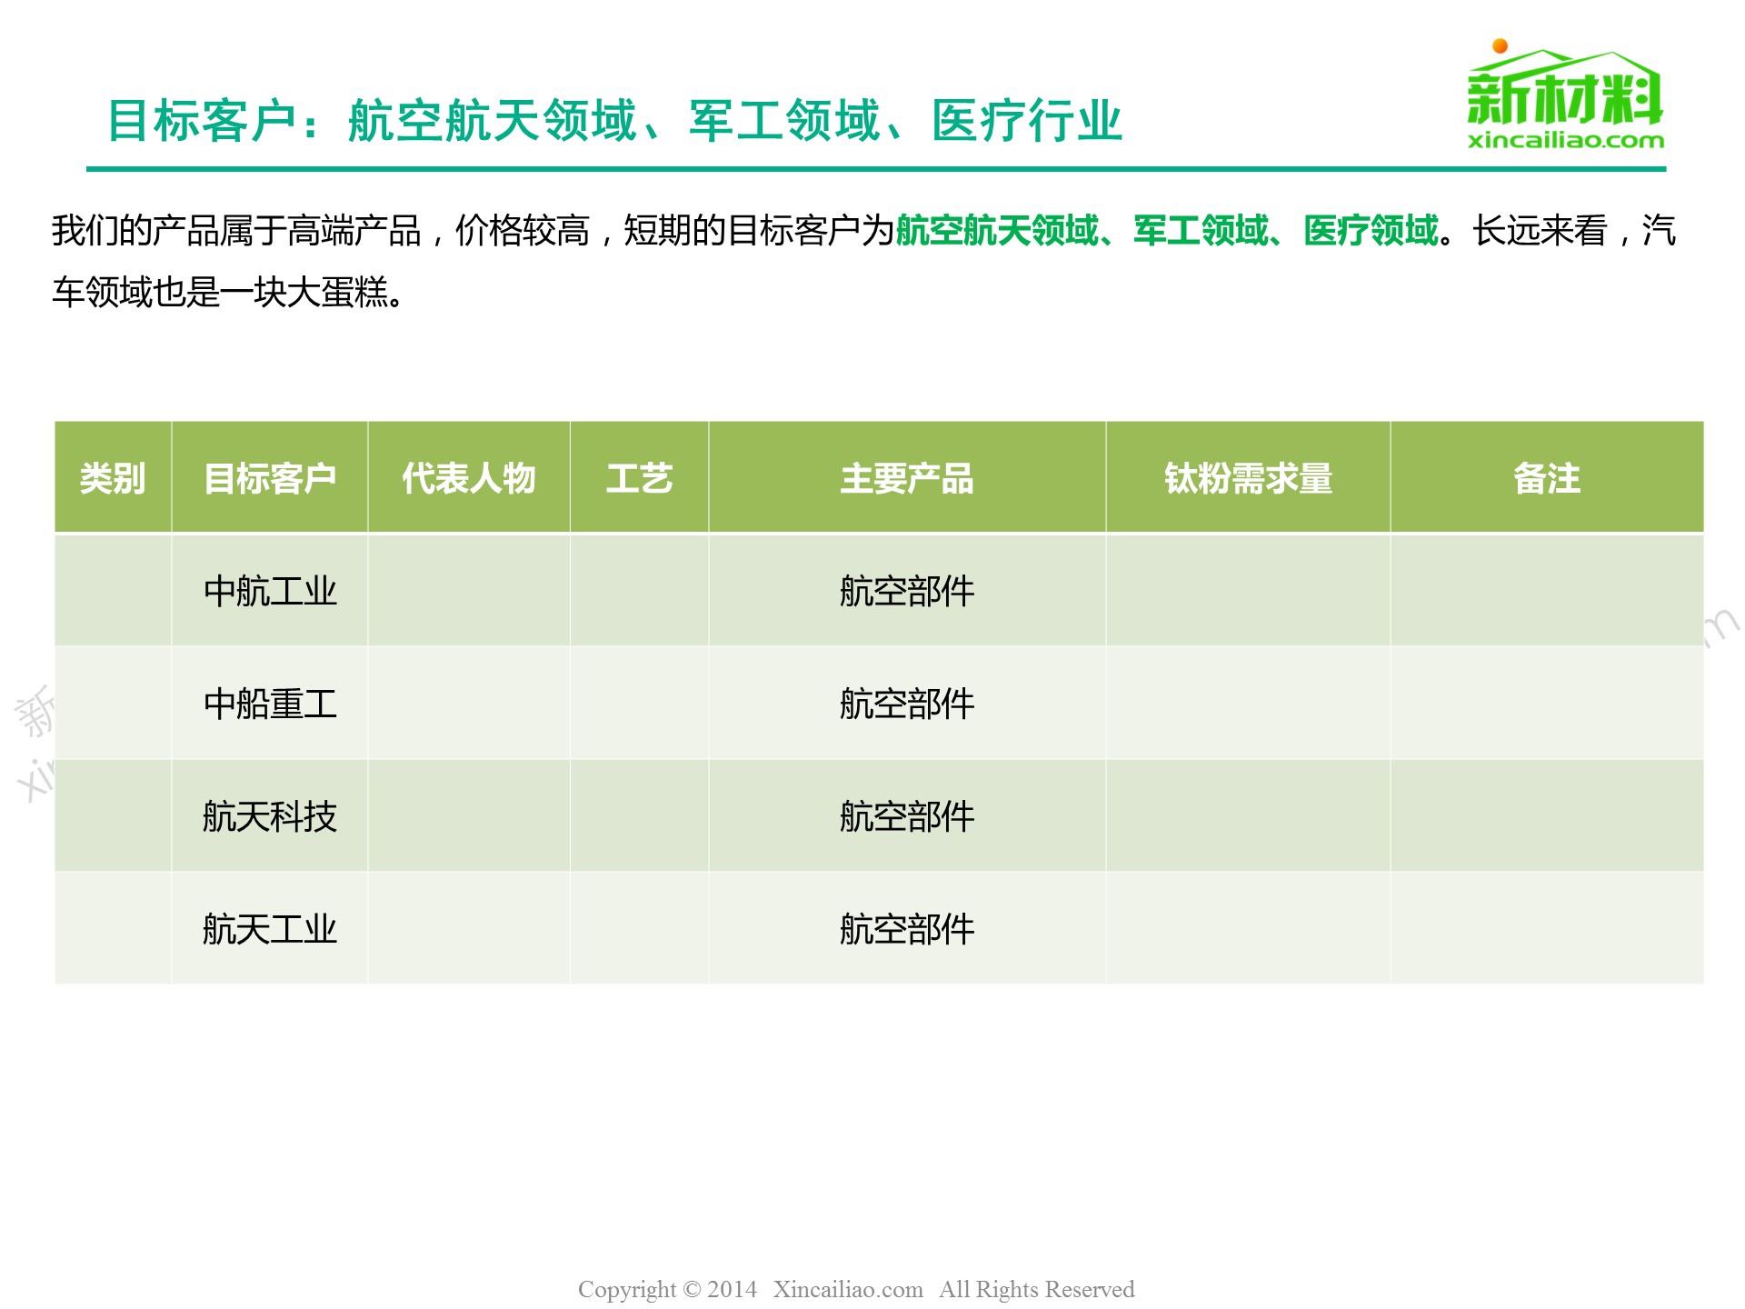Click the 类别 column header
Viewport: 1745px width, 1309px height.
tap(113, 478)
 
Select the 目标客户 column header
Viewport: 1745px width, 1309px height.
tap(270, 478)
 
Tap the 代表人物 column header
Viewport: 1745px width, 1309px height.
tap(469, 478)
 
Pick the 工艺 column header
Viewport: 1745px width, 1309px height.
tap(639, 478)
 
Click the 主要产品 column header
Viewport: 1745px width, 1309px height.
tap(907, 478)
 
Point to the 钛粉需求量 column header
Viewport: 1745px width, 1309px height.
tap(1248, 478)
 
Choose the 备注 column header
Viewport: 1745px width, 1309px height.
tap(1547, 478)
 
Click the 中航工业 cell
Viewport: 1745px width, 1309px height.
tap(270, 591)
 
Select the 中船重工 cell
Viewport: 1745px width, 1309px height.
tap(270, 704)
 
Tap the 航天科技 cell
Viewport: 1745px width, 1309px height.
tap(270, 816)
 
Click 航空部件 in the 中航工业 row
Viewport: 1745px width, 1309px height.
tap(907, 591)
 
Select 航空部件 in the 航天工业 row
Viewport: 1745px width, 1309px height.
tap(907, 929)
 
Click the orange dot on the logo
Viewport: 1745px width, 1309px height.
tap(1500, 46)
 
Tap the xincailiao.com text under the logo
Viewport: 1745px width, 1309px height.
tap(1566, 140)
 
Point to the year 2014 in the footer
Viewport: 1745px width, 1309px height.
tap(732, 1289)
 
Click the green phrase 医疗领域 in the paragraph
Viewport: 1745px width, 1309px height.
tap(1371, 231)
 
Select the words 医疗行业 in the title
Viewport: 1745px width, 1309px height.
tap(1027, 121)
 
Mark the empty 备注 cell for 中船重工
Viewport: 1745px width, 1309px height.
tap(1547, 704)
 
